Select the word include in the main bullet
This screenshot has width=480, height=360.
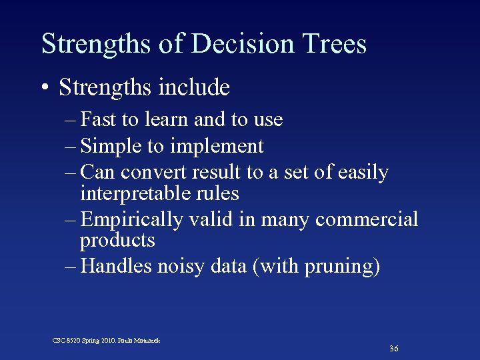click(197, 87)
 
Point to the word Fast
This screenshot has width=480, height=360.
click(98, 120)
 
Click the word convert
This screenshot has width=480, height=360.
click(154, 173)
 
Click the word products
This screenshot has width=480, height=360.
click(117, 240)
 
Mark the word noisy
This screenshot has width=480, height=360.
click(179, 267)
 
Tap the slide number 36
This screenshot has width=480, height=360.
click(394, 349)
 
